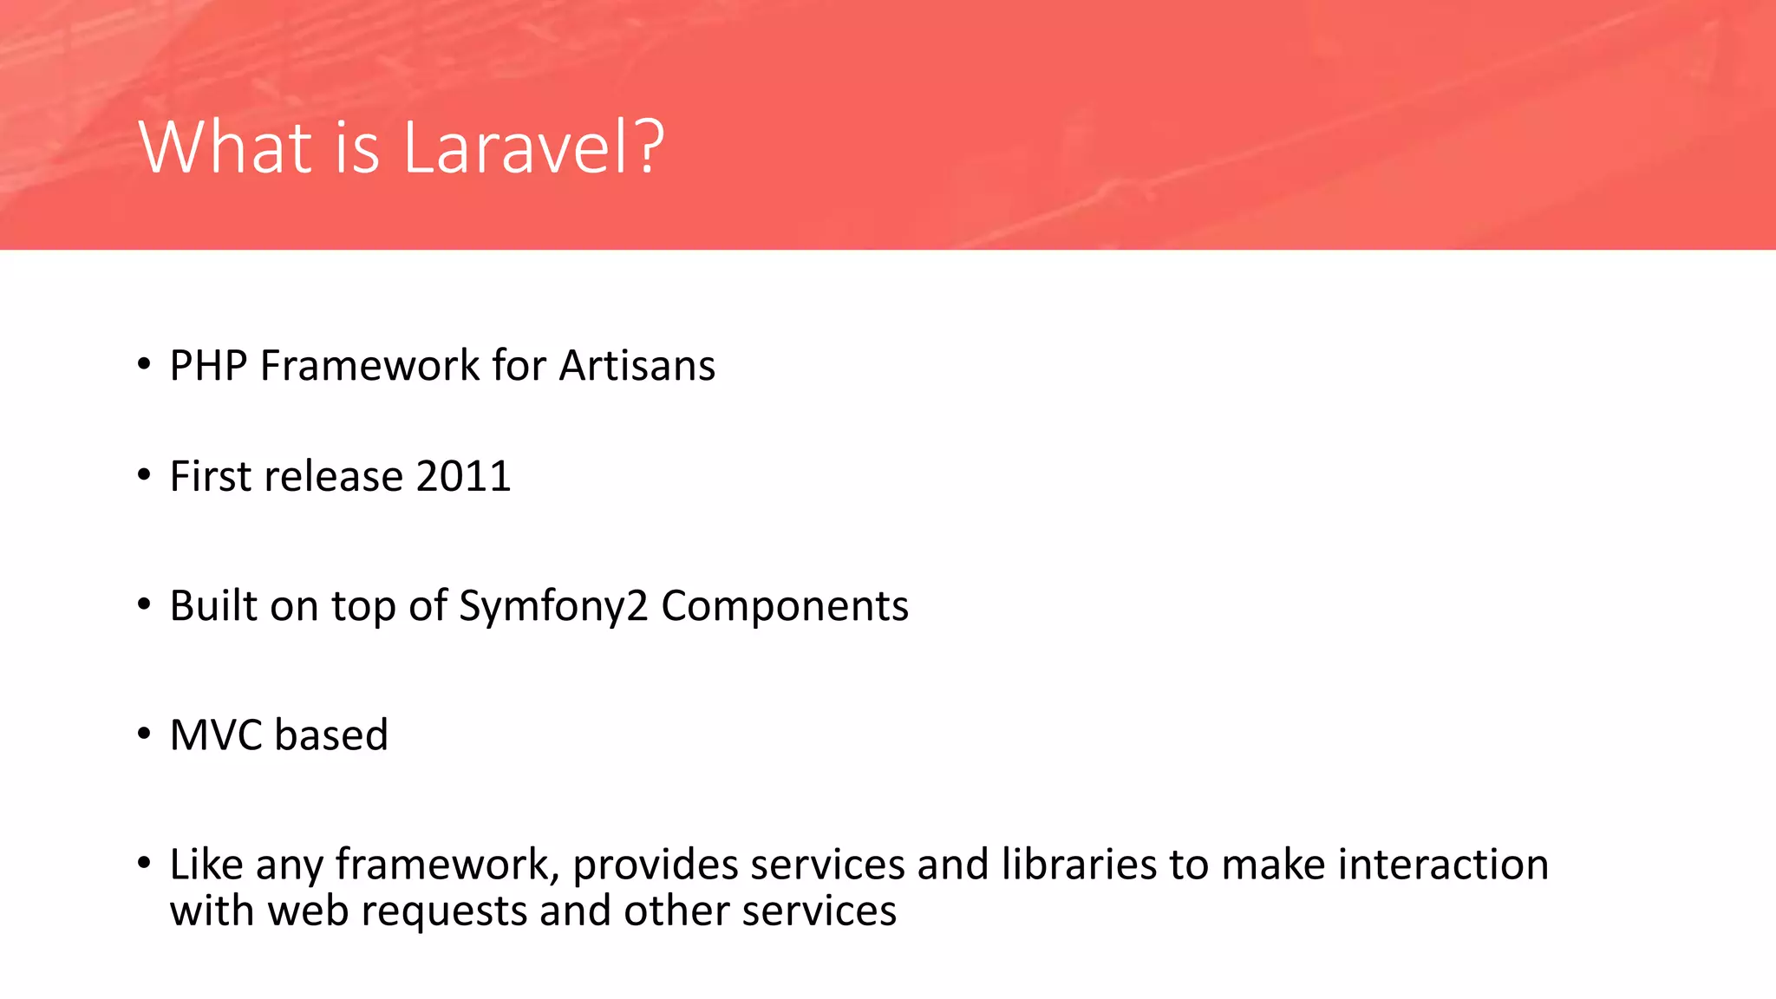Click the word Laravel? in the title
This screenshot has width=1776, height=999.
pos(533,147)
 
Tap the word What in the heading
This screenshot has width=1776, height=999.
pos(225,147)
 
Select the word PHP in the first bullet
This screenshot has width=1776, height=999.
pos(208,365)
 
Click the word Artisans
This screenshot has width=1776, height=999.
pos(637,365)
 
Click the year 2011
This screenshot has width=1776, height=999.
pos(463,476)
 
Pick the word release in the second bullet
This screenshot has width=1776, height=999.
pos(334,476)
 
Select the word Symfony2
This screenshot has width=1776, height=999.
pos(553,606)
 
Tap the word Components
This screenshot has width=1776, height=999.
pos(785,606)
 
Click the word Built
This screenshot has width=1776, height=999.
pos(213,605)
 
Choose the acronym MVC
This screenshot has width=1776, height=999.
pos(216,735)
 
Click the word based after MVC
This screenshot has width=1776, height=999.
pos(331,735)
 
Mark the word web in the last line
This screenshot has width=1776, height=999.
pos(307,911)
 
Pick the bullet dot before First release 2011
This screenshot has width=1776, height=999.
pos(144,475)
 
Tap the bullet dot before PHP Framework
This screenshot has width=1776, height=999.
pos(144,364)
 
